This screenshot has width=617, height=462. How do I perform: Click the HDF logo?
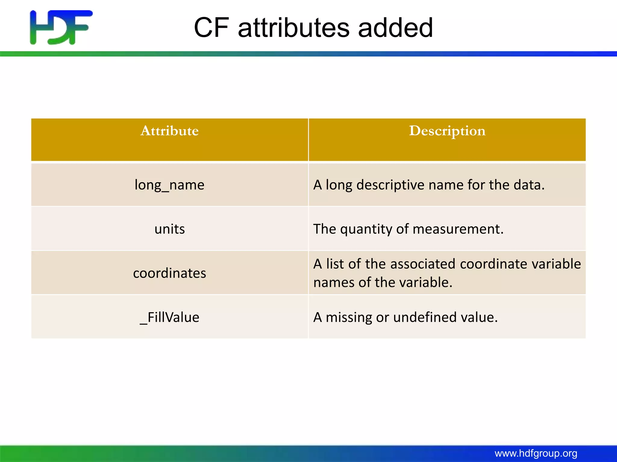tap(61, 27)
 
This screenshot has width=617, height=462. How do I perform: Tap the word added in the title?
tap(395, 28)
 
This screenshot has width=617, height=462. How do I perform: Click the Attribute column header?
tap(170, 131)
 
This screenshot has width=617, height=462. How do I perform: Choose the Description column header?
tap(447, 131)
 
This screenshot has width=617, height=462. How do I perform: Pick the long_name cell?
tap(170, 185)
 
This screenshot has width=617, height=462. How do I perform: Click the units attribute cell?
tap(170, 229)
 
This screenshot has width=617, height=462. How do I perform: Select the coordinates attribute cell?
tap(170, 273)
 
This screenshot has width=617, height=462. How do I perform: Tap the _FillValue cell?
tap(170, 317)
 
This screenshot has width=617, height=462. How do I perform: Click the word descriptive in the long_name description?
tap(390, 185)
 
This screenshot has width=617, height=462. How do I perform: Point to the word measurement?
tap(458, 229)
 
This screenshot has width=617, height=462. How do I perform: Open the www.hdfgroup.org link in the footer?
tap(536, 453)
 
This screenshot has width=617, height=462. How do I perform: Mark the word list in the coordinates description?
tap(335, 264)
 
